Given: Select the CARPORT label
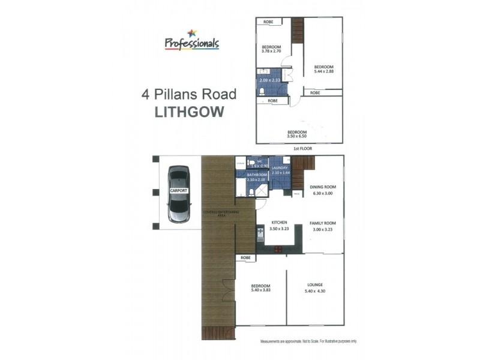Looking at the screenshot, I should coord(179,190).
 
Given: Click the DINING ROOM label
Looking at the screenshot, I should coord(322,187).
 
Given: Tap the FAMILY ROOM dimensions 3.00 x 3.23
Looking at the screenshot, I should coord(322,229).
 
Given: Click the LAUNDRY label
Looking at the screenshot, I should coord(280,168).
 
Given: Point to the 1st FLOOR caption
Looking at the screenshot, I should coord(298,148).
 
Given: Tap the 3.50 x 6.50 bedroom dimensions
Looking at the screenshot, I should coord(297,137).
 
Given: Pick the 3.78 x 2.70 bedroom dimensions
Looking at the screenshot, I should coord(271,52).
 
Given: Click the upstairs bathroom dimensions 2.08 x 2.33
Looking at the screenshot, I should coord(269,80).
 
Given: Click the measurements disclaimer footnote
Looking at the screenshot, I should coord(308,341).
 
